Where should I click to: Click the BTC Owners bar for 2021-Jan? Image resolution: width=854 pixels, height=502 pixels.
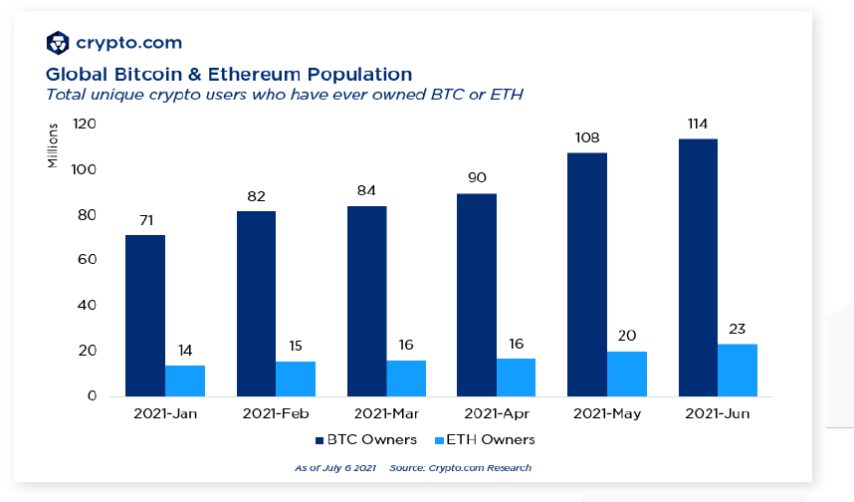click(x=144, y=315)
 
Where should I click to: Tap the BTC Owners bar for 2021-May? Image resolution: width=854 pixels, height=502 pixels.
click(x=586, y=274)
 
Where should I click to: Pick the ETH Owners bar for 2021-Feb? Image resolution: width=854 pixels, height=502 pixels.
click(x=296, y=378)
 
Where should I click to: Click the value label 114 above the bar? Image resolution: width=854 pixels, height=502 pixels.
click(x=698, y=125)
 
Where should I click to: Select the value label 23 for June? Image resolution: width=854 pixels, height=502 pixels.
click(x=738, y=330)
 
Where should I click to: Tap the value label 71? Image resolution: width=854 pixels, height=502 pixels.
click(x=144, y=220)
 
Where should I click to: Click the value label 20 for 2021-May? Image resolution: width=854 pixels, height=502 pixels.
click(x=627, y=337)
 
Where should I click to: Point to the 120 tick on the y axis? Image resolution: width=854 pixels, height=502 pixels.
click(x=84, y=125)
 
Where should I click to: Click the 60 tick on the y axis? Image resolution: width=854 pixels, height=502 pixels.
click(x=88, y=260)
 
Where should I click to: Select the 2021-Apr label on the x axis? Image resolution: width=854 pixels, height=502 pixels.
click(x=495, y=413)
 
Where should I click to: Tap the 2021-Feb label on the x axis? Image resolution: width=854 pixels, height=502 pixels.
click(x=276, y=413)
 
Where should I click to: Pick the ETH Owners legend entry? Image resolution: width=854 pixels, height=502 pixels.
click(x=486, y=439)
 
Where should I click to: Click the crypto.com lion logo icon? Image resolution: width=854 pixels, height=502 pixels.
click(x=59, y=43)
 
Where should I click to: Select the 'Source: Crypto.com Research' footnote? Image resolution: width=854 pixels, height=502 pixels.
click(x=461, y=467)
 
